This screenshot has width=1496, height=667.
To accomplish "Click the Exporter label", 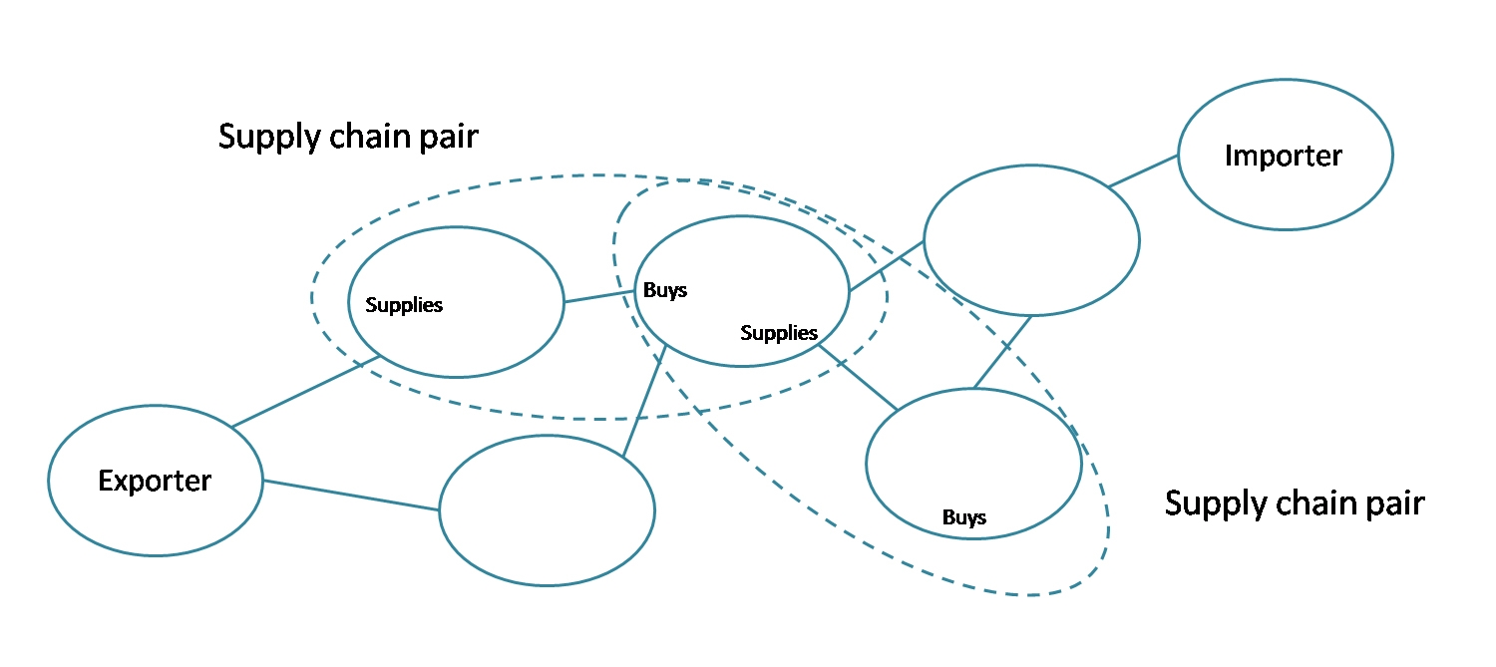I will pyautogui.click(x=155, y=482).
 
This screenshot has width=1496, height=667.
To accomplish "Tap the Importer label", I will pyautogui.click(x=1284, y=157).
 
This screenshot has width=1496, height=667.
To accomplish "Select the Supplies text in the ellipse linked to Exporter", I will pyautogui.click(x=404, y=306).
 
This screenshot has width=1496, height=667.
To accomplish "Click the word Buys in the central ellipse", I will pyautogui.click(x=665, y=291).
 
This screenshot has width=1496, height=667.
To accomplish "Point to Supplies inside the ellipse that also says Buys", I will pyautogui.click(x=779, y=333).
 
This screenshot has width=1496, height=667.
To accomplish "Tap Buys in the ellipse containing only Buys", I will pyautogui.click(x=964, y=517).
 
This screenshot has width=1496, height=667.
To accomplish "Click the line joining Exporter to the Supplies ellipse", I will pyautogui.click(x=304, y=391).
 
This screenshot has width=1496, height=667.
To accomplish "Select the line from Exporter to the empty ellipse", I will pyautogui.click(x=351, y=496).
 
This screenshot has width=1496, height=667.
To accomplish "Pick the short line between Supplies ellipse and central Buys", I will pyautogui.click(x=599, y=296).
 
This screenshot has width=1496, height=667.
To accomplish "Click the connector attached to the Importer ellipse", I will pyautogui.click(x=1144, y=170).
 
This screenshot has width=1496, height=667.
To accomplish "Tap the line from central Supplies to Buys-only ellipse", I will pyautogui.click(x=858, y=377).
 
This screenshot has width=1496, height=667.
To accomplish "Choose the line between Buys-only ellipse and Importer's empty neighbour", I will pyautogui.click(x=1003, y=351).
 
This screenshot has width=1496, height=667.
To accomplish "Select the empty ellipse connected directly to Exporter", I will pyautogui.click(x=547, y=510).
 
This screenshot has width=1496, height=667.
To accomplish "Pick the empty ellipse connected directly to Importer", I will pyautogui.click(x=1031, y=240).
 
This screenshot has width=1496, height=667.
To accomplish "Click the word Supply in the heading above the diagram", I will pyautogui.click(x=268, y=138).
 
